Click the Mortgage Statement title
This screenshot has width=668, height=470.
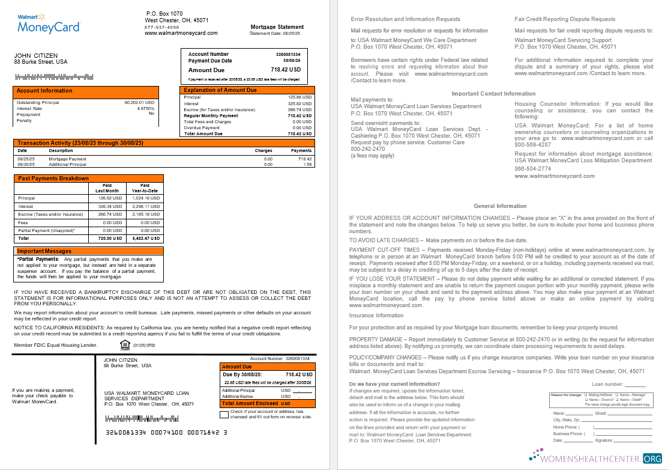tap(277, 27)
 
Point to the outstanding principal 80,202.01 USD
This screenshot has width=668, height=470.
tap(139, 103)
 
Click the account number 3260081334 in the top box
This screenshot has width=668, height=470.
tap(288, 55)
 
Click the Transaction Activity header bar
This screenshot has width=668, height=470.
tap(163, 143)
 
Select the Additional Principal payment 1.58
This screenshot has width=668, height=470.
tap(307, 164)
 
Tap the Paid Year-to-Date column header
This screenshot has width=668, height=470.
tap(145, 188)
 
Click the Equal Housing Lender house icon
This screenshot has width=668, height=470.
tap(125, 344)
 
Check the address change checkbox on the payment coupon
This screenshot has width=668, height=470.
tap(224, 414)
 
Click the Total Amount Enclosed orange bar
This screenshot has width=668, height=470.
tap(266, 403)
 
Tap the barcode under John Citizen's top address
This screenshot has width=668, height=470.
tap(55, 77)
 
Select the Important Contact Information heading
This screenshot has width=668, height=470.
tap(493, 94)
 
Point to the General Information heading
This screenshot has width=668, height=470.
tap(500, 206)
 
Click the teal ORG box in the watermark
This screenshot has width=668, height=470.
tap(652, 458)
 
